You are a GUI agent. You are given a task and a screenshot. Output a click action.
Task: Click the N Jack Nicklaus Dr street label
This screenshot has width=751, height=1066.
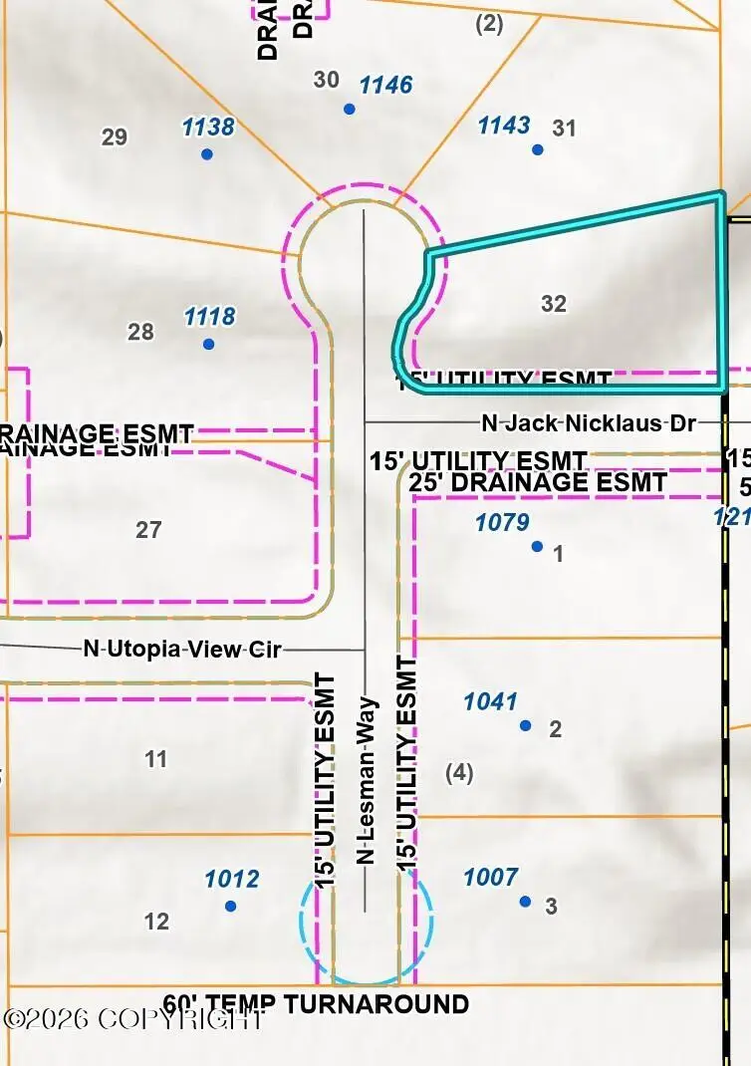pyautogui.click(x=588, y=422)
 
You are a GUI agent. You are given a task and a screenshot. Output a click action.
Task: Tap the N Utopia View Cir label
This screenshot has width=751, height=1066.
pyautogui.click(x=182, y=650)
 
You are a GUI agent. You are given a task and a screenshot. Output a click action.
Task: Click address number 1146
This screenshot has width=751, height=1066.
pyautogui.click(x=385, y=85)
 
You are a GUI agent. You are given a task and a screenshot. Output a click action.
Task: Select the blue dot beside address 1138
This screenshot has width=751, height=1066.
pyautogui.click(x=207, y=154)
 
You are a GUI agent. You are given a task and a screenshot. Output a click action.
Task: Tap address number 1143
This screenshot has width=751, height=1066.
pyautogui.click(x=504, y=125)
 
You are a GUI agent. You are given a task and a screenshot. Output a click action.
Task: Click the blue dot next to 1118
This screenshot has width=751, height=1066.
pyautogui.click(x=208, y=345)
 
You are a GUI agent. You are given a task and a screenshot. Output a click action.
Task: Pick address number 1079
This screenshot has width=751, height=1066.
pyautogui.click(x=502, y=521)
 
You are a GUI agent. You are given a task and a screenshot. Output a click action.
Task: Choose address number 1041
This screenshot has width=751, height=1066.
pyautogui.click(x=490, y=701)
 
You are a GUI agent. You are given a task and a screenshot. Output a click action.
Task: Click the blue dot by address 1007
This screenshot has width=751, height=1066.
pyautogui.click(x=525, y=902)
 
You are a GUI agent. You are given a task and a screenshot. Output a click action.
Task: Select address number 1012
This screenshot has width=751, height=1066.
pyautogui.click(x=231, y=879)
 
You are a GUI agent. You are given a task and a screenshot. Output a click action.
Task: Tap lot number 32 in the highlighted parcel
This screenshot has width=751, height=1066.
pyautogui.click(x=554, y=304)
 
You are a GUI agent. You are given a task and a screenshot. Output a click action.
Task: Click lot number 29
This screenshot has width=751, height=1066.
pyautogui.click(x=115, y=136)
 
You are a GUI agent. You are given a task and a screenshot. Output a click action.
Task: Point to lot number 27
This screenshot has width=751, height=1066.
pyautogui.click(x=148, y=530)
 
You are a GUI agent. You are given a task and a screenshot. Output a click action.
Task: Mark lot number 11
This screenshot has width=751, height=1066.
pyautogui.click(x=155, y=760)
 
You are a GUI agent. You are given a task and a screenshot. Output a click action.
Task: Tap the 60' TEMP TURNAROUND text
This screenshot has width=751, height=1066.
pyautogui.click(x=316, y=1003)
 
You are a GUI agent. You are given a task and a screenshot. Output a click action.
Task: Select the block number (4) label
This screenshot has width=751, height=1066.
pyautogui.click(x=459, y=772)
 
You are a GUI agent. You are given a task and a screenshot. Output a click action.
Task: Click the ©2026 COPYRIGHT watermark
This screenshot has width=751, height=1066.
pyautogui.click(x=134, y=1019)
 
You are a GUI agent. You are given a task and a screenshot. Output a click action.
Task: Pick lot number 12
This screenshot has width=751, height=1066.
pyautogui.click(x=156, y=922)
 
